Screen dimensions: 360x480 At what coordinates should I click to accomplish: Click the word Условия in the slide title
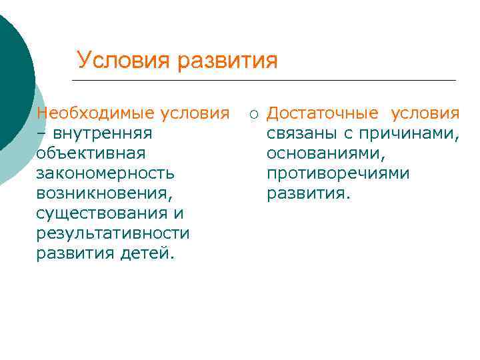coord(123,61)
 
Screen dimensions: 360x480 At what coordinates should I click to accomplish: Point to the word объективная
coord(91,153)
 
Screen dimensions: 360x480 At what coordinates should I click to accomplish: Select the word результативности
coord(113,233)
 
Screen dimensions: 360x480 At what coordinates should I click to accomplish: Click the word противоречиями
coord(338,173)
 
